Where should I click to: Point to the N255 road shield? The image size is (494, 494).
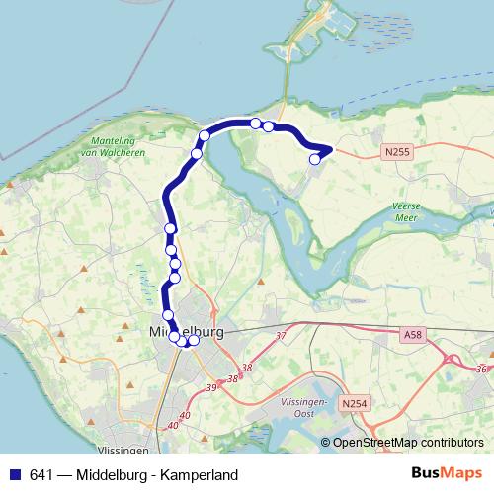tap(396, 152)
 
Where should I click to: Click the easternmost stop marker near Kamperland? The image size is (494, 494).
tap(315, 158)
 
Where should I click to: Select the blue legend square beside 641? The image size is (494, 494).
tap(16, 473)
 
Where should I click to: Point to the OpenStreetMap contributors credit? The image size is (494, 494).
tap(407, 444)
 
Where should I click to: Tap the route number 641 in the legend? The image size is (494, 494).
tap(42, 473)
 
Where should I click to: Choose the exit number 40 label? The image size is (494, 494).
tap(173, 426)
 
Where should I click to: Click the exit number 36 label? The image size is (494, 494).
tap(480, 370)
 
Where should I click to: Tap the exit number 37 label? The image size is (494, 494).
tap(281, 337)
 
